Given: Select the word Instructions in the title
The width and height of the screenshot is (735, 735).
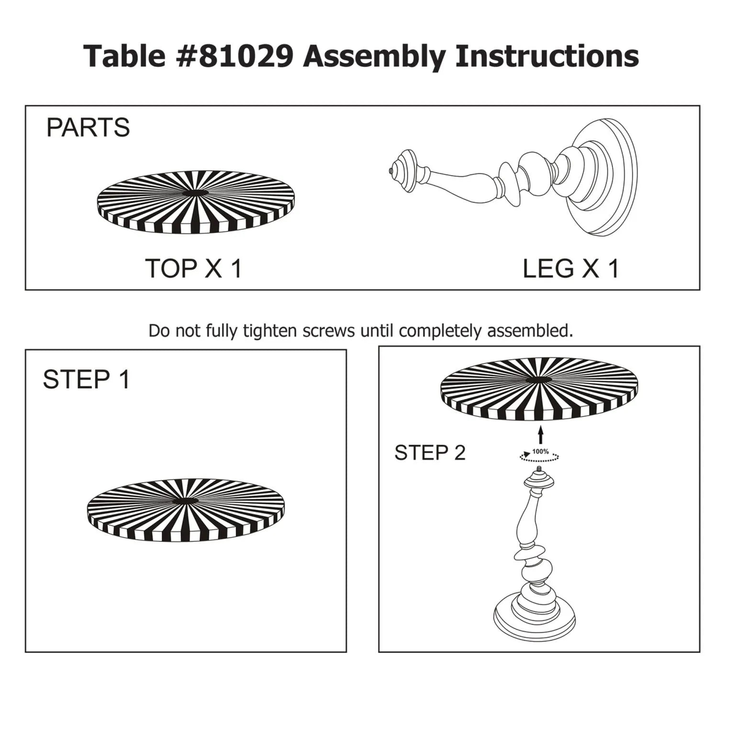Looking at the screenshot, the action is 547,56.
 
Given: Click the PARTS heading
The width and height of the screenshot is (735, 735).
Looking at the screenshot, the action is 88,128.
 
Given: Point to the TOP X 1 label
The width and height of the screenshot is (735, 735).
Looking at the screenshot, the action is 193,268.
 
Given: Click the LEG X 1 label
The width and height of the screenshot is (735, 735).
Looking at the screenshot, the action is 570,268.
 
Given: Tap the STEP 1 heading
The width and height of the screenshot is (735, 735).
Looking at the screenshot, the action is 86,380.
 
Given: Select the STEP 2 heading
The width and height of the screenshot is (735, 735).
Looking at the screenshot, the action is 430,453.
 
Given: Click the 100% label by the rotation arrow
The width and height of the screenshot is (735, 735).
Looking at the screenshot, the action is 540,451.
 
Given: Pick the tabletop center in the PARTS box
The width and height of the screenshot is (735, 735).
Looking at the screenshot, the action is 196,193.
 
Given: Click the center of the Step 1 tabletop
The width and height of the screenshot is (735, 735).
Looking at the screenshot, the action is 185,501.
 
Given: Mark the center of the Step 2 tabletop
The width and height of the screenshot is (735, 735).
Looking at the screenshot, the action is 539,380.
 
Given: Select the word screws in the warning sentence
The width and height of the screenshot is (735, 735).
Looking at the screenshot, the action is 329,331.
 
